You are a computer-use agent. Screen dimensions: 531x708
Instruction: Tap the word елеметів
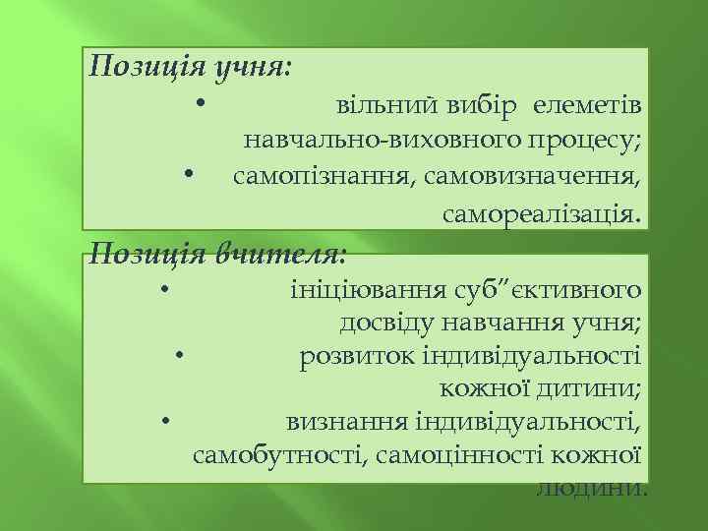pos(588,105)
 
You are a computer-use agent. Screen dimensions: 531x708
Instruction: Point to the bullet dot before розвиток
pos(181,354)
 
